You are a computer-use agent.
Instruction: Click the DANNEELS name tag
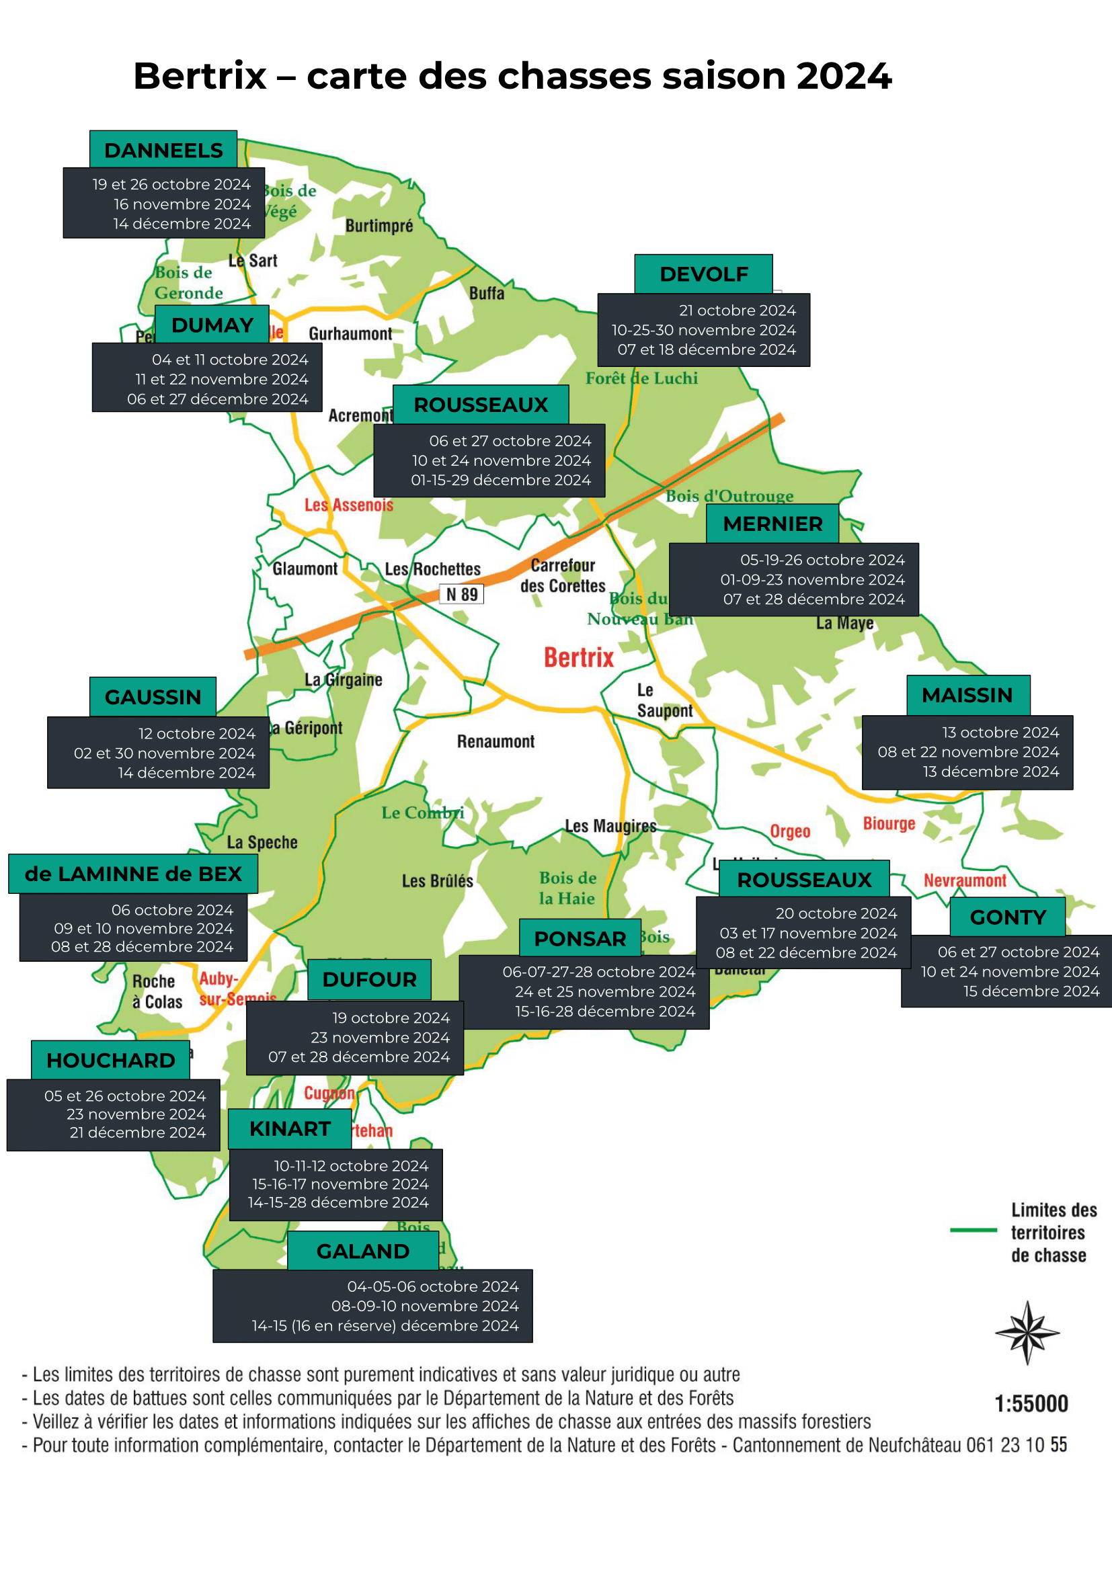coord(163,150)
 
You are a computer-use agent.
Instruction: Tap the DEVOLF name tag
coord(703,274)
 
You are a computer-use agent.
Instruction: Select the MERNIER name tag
coord(772,524)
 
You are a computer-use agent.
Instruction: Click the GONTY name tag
coord(1007,917)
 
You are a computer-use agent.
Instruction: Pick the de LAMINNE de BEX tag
coord(133,874)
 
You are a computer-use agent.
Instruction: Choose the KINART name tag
coord(290,1128)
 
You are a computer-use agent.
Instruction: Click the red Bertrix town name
coord(579,657)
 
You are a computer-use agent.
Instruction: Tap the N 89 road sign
coord(461,594)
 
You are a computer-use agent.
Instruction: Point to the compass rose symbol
coord(1027,1332)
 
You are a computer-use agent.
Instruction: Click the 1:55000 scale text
coord(1031,1403)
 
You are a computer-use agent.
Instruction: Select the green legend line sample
coord(973,1231)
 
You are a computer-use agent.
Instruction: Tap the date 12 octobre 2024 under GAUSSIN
coord(196,733)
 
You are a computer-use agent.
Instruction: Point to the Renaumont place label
coord(495,741)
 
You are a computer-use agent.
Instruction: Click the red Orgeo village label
coord(789,831)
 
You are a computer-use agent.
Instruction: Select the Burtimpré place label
coord(379,226)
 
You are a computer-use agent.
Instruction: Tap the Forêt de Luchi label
coord(641,378)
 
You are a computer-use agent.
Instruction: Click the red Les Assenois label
coord(348,505)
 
